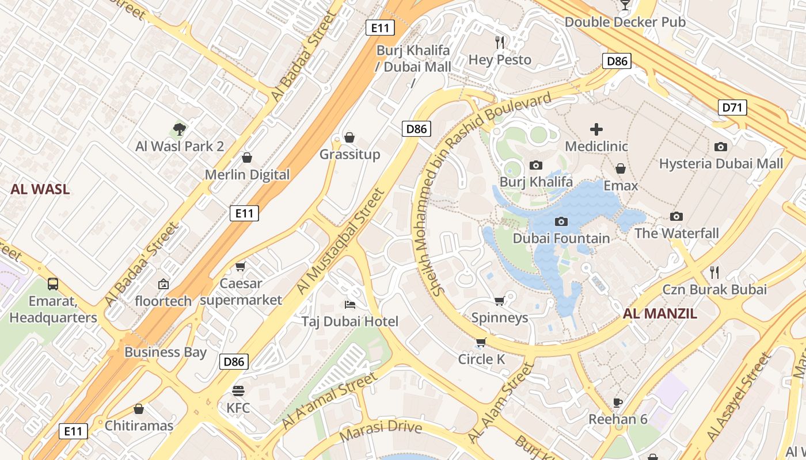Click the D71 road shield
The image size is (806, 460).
[x=732, y=107]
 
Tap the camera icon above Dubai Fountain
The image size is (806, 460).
[x=561, y=221]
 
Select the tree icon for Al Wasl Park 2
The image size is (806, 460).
[x=179, y=129]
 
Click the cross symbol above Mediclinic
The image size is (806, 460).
[x=596, y=129]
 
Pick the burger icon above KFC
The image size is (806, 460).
[x=238, y=391]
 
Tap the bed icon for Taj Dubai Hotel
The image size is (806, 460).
[x=349, y=304]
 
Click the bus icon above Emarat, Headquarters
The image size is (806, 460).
[x=53, y=283]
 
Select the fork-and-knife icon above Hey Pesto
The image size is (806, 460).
[x=500, y=42]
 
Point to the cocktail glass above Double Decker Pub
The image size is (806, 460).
[x=625, y=5]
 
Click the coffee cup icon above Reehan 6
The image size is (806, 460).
[x=618, y=402]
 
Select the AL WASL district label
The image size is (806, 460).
[x=40, y=189]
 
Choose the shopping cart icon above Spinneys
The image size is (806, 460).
[x=500, y=301]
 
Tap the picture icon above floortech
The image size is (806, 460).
[x=164, y=283]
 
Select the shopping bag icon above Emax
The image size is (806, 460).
[x=621, y=168]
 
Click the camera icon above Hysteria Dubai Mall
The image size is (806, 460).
[x=720, y=147]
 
